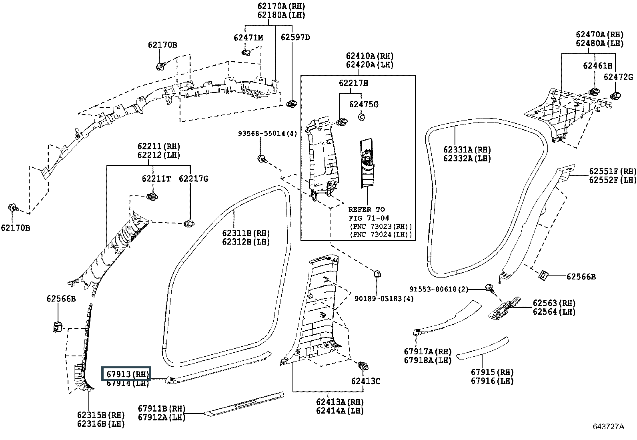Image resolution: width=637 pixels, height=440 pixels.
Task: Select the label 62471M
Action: coord(248,38)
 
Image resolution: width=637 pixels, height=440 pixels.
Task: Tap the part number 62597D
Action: coord(295,37)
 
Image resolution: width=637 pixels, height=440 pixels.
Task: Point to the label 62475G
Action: coord(364,104)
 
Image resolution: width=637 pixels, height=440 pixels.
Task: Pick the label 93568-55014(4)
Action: coord(268,133)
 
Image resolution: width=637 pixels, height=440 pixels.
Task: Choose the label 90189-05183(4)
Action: coord(384,299)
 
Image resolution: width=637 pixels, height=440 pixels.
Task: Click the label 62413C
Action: coord(365,381)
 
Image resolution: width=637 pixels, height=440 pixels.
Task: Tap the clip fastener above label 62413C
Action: coord(363,366)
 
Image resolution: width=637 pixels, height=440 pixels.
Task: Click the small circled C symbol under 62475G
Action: coord(361,117)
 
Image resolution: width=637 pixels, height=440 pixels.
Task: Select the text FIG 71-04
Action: coord(369,218)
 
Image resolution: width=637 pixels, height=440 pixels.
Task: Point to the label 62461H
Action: coord(597,66)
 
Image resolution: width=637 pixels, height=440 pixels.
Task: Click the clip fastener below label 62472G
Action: coord(615,96)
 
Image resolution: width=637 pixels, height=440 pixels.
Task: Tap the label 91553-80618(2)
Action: coord(439,289)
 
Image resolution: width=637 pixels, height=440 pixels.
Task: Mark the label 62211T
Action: coord(156,179)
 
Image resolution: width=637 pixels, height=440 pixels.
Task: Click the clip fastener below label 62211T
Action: coord(152,197)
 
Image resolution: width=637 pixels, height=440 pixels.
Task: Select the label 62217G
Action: coord(193,179)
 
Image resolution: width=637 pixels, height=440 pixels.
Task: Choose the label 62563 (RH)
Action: coord(554,303)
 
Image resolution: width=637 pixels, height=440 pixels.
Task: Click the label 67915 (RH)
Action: coord(492,372)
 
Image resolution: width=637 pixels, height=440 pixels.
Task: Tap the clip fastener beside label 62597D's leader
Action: coord(292,104)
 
